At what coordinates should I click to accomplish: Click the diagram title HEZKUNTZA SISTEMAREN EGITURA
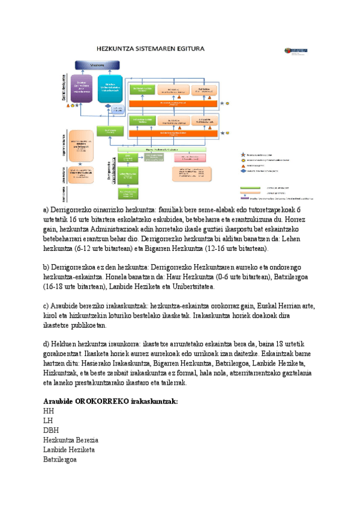pyautogui.click(x=151, y=48)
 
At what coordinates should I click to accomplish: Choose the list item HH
pyautogui.click(x=49, y=411)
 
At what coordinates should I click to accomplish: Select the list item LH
pyautogui.click(x=48, y=421)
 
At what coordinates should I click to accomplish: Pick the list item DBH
pyautogui.click(x=51, y=430)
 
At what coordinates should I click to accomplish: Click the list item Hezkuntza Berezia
pyautogui.click(x=71, y=440)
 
